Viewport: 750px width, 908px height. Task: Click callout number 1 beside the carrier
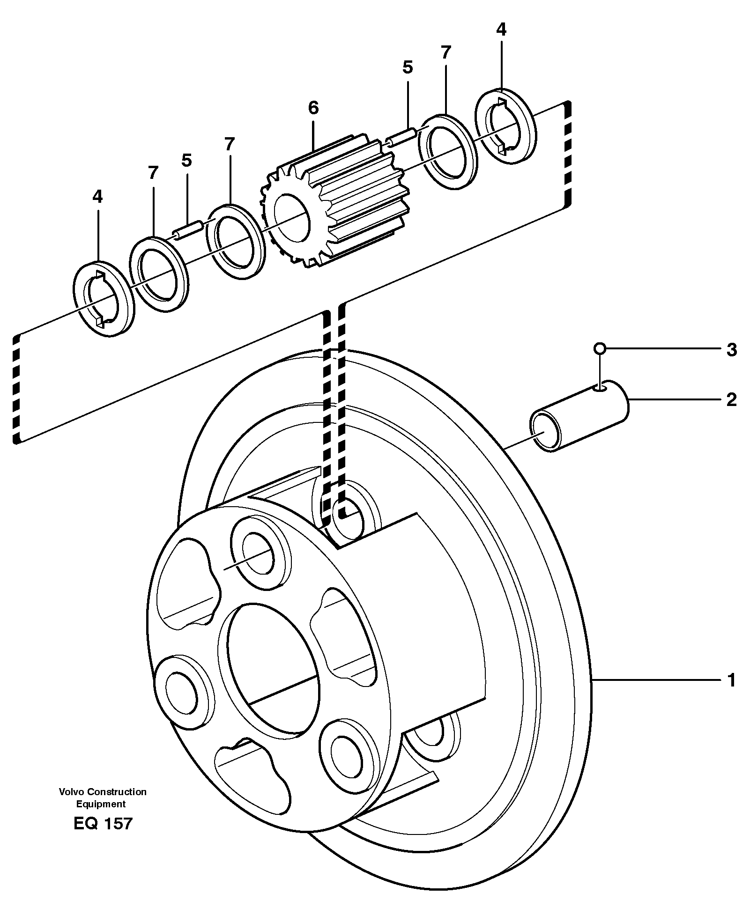(x=731, y=680)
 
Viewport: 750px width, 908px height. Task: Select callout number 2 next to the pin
(x=731, y=399)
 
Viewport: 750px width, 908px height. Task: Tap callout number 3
(x=731, y=350)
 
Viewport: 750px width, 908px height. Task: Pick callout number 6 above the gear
(x=313, y=108)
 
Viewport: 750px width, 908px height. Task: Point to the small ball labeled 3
(x=599, y=348)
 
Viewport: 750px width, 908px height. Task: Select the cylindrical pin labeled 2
(x=579, y=416)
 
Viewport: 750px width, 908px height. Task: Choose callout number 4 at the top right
(x=501, y=30)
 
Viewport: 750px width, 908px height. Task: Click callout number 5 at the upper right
(x=408, y=68)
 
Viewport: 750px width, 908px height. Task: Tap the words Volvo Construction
(x=103, y=791)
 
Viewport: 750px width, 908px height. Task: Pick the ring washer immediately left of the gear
(x=233, y=242)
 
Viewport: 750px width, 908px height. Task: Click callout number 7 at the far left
(x=152, y=173)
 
